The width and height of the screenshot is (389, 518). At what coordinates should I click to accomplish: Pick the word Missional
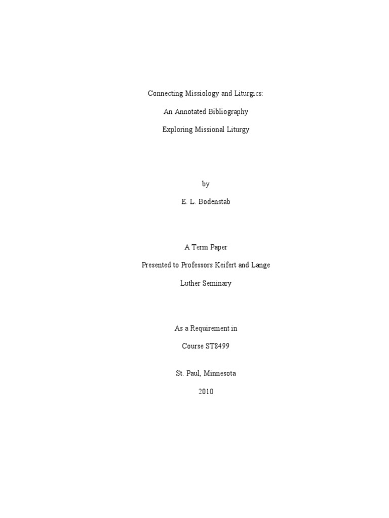point(210,129)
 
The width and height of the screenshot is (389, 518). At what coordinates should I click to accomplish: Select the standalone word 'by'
point(206,184)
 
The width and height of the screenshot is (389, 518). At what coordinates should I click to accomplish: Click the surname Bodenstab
point(215,202)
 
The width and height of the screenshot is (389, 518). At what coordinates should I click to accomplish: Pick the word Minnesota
point(218,374)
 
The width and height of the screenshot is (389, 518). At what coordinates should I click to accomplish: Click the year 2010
point(206,392)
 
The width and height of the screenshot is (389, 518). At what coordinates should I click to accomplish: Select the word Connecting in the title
point(164,94)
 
